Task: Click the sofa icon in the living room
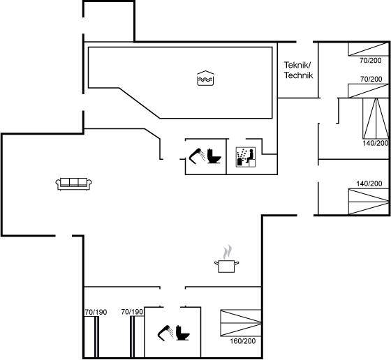73,184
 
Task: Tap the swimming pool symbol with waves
205,78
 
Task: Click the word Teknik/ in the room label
297,66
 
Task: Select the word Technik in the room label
299,75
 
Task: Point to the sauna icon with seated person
246,157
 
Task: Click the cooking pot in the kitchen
226,266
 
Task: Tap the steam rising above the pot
227,252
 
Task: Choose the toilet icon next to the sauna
214,156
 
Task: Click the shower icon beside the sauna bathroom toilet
197,156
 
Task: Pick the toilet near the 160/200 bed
182,333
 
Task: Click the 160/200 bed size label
243,341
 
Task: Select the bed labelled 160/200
241,323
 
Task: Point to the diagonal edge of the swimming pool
140,103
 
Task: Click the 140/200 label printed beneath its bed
376,143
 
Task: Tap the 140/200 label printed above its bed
369,183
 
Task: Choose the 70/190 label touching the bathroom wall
132,312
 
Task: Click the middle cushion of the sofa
74,182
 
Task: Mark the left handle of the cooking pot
216,262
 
